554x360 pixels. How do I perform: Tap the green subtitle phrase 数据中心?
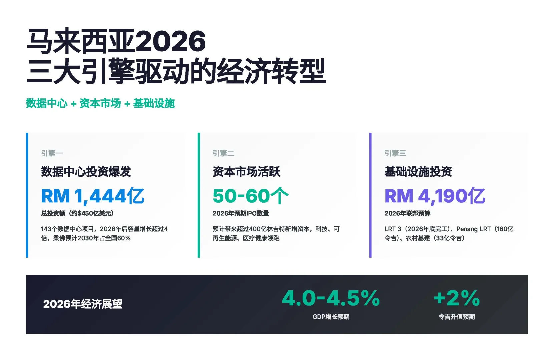point(47,103)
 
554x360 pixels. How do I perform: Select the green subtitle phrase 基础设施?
point(154,103)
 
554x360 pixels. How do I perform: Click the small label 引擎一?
point(52,153)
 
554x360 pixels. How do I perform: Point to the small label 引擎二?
point(223,153)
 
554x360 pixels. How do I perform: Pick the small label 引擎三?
point(395,153)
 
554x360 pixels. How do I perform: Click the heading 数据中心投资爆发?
point(86,172)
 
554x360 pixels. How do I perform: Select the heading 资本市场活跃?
point(246,172)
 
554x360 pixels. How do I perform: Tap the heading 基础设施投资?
point(418,172)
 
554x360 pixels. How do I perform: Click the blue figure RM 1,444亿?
point(93,196)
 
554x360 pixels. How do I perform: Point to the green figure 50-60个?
point(250,196)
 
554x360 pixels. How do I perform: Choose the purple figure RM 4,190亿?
point(435,196)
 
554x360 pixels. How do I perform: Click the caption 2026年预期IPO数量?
point(241,213)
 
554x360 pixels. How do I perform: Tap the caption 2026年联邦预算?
point(407,213)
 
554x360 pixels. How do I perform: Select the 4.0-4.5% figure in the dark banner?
point(331,298)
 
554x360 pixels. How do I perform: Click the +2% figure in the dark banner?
point(456,298)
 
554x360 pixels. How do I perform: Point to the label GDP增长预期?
point(331,317)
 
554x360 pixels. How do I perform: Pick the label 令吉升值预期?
point(456,317)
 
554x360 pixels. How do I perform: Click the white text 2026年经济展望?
point(83,304)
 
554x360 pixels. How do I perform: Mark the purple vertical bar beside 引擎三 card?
point(370,195)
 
